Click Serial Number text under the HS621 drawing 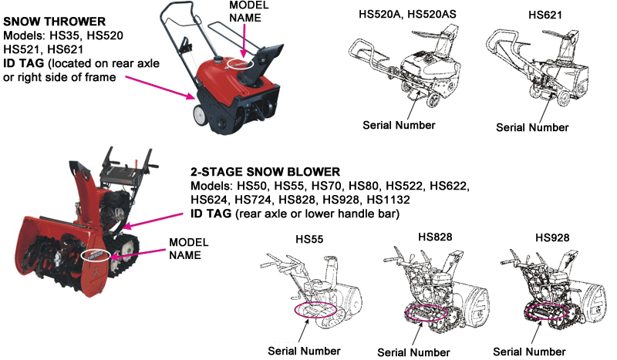tap(533, 127)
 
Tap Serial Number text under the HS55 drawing tap(303, 351)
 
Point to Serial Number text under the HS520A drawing tap(400, 124)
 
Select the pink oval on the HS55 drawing tap(313, 308)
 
